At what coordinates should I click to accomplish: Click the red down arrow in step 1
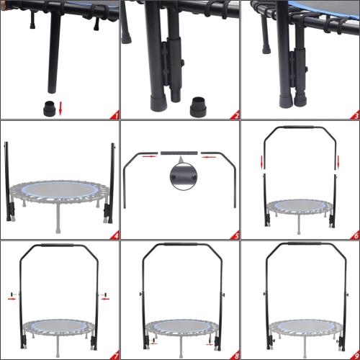click(60, 108)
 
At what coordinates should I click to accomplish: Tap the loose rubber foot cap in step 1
click(48, 109)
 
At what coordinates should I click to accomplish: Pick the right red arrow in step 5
click(209, 153)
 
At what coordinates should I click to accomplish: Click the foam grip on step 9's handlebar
click(300, 245)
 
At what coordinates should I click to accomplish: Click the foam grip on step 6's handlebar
click(300, 127)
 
